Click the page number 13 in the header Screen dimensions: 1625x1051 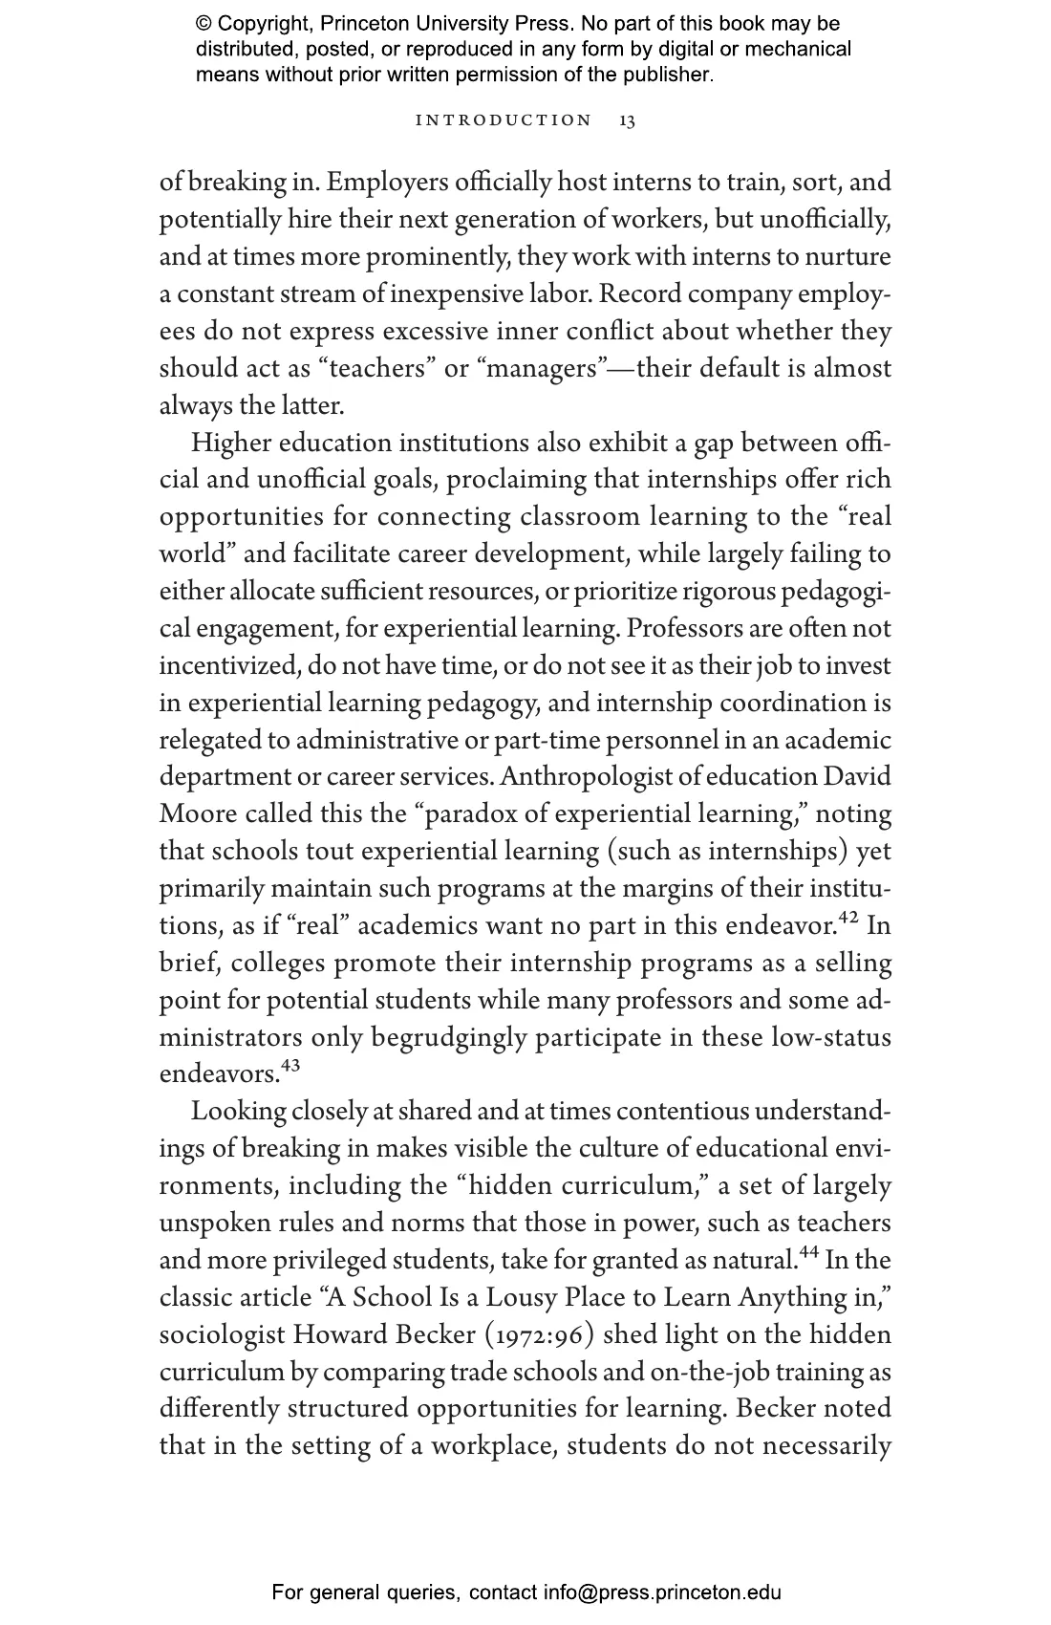pyautogui.click(x=627, y=120)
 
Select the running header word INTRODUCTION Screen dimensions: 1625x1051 pyautogui.click(x=504, y=120)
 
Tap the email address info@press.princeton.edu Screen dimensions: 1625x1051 pyautogui.click(x=662, y=1592)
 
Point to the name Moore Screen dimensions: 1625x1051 pyautogui.click(x=198, y=815)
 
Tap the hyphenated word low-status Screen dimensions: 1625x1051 pyautogui.click(x=831, y=1039)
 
